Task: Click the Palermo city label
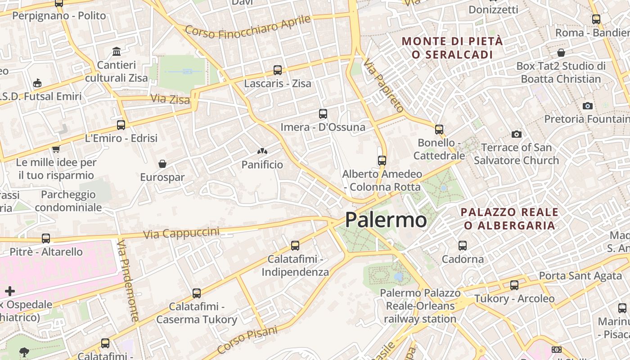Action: pyautogui.click(x=386, y=220)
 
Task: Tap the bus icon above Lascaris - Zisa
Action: pyautogui.click(x=278, y=70)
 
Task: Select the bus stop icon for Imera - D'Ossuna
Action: pyautogui.click(x=323, y=114)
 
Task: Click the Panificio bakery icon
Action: pyautogui.click(x=262, y=151)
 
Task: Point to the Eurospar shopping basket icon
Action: pyautogui.click(x=162, y=164)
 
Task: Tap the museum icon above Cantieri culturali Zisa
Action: pyautogui.click(x=117, y=52)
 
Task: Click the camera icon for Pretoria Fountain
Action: pyautogui.click(x=587, y=106)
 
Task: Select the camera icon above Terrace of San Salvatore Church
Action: pyautogui.click(x=516, y=134)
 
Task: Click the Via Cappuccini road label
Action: pyautogui.click(x=181, y=233)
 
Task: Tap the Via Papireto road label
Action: pyautogui.click(x=383, y=85)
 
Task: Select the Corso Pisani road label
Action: pyautogui.click(x=247, y=341)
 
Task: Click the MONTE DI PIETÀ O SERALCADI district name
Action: pyautogui.click(x=452, y=48)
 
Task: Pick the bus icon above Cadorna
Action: pyautogui.click(x=462, y=246)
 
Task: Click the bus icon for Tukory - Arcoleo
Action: pyautogui.click(x=514, y=285)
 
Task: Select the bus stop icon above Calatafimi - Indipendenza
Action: pyautogui.click(x=295, y=246)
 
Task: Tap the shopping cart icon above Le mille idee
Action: pyautogui.click(x=56, y=149)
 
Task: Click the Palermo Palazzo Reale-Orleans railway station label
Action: pyautogui.click(x=420, y=306)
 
